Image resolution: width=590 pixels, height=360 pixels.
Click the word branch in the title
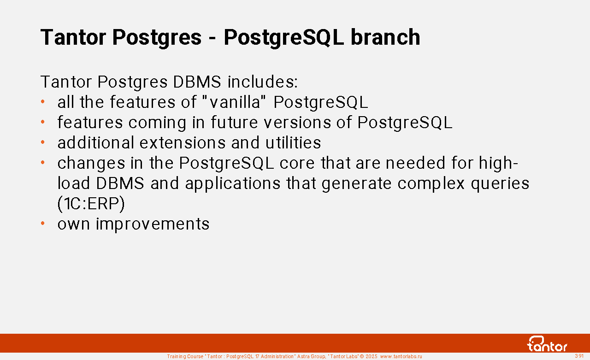click(x=385, y=37)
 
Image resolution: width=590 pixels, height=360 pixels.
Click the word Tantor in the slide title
click(x=73, y=37)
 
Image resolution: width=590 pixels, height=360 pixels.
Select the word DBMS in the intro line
click(x=197, y=82)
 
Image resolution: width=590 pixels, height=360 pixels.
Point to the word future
click(x=234, y=123)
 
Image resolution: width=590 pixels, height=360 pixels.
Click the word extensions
click(x=183, y=143)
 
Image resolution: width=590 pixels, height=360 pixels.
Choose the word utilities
click(x=293, y=143)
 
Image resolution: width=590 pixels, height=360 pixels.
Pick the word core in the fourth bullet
click(x=297, y=163)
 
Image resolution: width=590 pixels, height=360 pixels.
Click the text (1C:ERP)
click(x=91, y=204)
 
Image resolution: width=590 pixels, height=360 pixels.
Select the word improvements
click(x=153, y=224)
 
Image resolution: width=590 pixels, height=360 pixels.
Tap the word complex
click(x=431, y=183)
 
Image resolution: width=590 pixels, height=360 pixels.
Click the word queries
click(x=500, y=183)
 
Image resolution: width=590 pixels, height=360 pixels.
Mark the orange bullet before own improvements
click(x=43, y=224)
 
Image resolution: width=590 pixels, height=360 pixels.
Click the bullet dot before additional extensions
click(x=43, y=142)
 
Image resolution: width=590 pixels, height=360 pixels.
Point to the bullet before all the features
click(x=43, y=102)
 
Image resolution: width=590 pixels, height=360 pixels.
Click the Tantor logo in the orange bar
click(x=547, y=344)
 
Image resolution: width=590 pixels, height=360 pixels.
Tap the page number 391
click(x=579, y=356)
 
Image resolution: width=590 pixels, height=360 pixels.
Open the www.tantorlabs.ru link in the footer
click(x=401, y=356)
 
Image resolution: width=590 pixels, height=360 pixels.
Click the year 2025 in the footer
click(x=372, y=356)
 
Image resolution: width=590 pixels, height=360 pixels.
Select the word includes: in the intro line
click(x=263, y=82)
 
